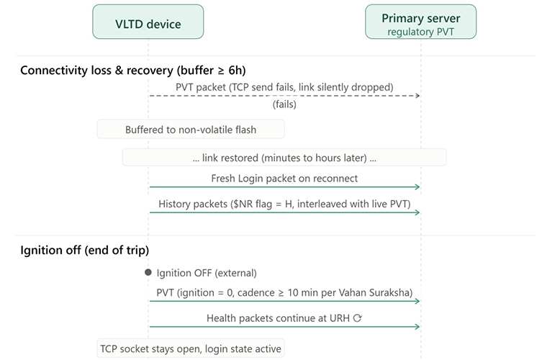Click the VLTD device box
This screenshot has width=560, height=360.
pos(148,22)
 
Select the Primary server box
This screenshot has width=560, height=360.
pos(420,22)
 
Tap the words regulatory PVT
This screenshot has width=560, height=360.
pos(420,32)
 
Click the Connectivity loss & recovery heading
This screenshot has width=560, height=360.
pos(133,71)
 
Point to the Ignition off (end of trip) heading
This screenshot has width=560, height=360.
pos(85,250)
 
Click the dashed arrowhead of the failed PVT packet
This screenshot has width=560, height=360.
pos(417,96)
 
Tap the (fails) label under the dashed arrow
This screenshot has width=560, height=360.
pos(284,104)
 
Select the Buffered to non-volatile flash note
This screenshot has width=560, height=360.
pos(191,130)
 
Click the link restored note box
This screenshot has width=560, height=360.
pos(284,158)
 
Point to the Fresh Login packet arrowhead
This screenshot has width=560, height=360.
pos(417,186)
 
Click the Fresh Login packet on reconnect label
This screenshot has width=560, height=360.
pos(284,179)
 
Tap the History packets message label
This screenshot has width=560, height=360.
pos(284,204)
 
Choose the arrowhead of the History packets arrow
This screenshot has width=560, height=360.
pos(417,212)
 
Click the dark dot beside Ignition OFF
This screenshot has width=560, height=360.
pos(148,272)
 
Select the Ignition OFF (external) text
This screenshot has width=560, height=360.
pos(207,273)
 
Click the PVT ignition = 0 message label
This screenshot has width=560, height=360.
pos(284,293)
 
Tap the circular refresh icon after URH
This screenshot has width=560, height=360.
pos(358,318)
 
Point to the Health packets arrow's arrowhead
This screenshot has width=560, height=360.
pos(417,327)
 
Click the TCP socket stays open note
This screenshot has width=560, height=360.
pos(191,348)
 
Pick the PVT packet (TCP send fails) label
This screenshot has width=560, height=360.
pos(284,87)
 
